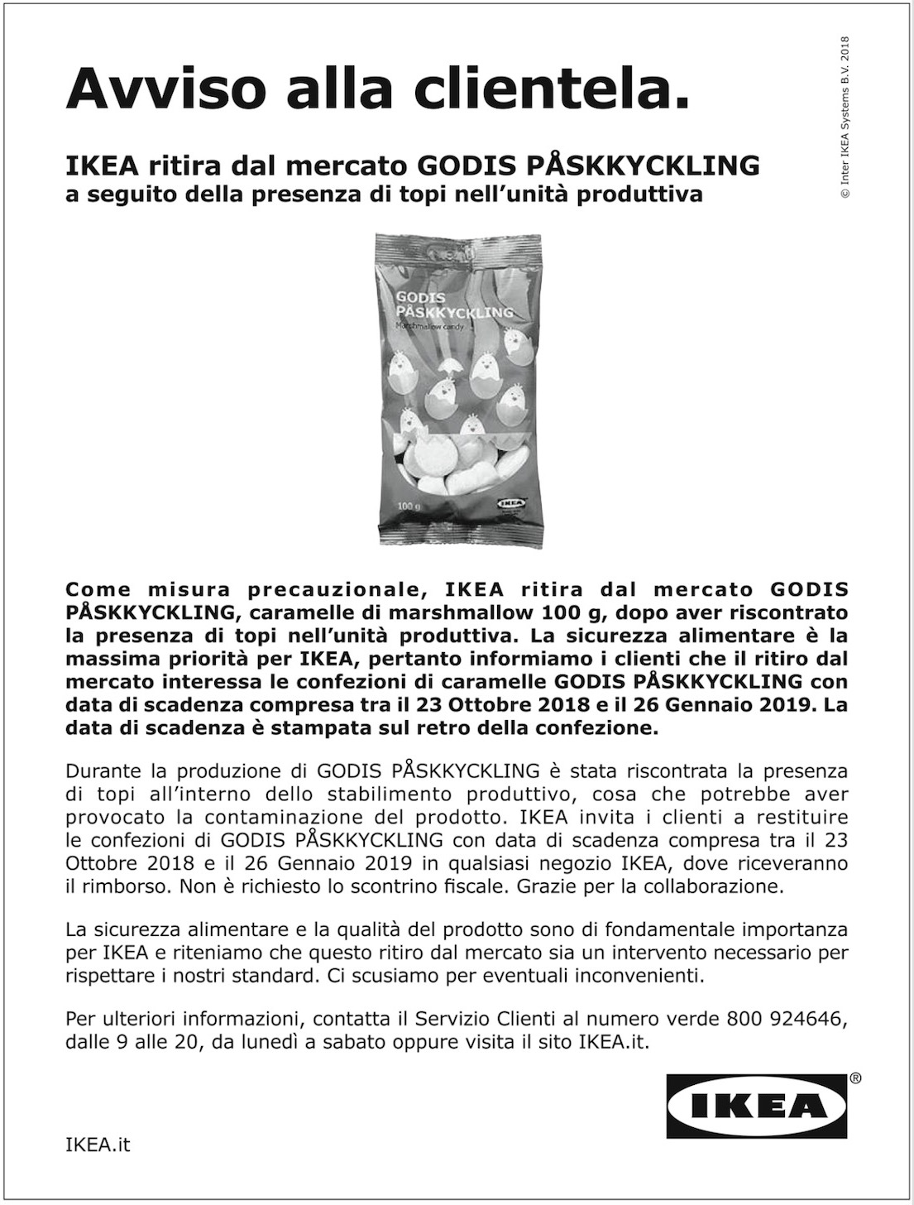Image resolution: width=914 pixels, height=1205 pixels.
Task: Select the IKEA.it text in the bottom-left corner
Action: click(98, 1145)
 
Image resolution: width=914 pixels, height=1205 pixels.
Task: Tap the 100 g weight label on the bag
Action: click(409, 505)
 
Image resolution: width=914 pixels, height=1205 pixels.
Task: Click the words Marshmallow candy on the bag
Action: click(433, 327)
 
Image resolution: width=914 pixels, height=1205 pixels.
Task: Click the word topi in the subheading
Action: click(486, 195)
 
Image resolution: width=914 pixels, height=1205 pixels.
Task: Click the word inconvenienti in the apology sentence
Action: click(630, 975)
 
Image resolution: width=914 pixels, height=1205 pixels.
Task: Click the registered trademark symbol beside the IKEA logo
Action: click(854, 1078)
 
